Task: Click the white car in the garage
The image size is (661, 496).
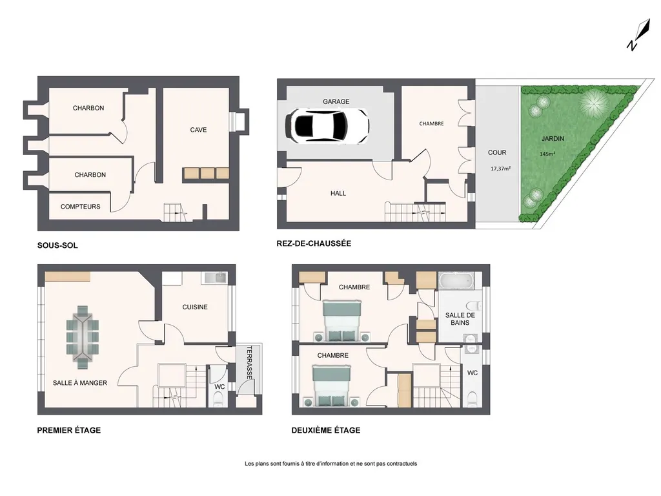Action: tap(327, 125)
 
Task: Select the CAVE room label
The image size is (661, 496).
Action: tap(198, 130)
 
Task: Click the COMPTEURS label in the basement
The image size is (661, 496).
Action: tap(81, 207)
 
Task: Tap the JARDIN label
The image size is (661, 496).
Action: tap(553, 138)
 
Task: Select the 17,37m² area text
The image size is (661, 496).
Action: tap(500, 169)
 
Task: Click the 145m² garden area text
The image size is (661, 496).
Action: tap(547, 154)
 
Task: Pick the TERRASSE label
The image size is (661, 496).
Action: tap(249, 363)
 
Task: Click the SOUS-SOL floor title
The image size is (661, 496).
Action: tap(57, 245)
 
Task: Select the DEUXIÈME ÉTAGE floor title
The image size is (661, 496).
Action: tap(326, 430)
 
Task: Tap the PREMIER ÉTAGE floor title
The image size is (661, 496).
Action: tap(68, 430)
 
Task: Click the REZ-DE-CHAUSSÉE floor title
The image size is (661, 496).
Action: tap(314, 243)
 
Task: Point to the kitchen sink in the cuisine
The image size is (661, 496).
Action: tap(214, 278)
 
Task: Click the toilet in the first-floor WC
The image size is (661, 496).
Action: tap(218, 398)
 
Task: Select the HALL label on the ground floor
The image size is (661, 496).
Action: tap(338, 194)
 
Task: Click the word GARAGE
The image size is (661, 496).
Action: tap(336, 101)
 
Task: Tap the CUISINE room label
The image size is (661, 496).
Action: tap(195, 307)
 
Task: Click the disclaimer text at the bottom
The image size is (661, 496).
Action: tap(331, 464)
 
